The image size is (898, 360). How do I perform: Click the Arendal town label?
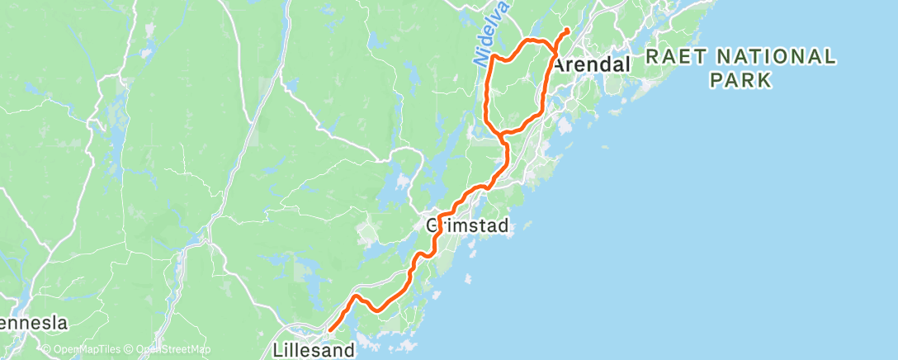[592, 64]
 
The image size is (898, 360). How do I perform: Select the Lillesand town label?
[314, 350]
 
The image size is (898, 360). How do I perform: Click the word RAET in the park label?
[673, 57]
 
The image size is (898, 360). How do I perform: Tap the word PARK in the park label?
[740, 80]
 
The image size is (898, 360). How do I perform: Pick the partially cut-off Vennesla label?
[33, 323]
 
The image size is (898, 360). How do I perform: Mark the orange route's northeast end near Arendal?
[567, 31]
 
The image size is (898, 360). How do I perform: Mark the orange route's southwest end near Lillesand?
[329, 330]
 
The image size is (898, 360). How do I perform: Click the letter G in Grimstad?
[432, 225]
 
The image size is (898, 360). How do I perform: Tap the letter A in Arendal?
[559, 64]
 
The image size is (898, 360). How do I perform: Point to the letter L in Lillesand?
[278, 350]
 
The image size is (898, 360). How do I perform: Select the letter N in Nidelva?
[480, 61]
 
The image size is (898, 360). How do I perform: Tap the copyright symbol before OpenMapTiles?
[48, 350]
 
